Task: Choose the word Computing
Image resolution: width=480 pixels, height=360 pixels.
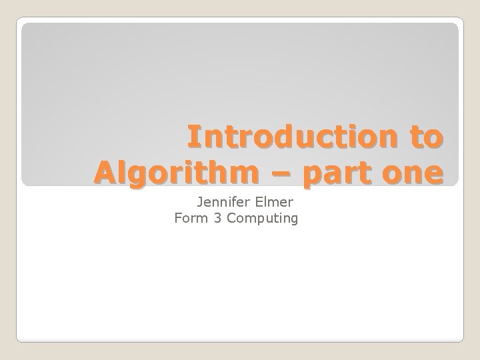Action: point(263,217)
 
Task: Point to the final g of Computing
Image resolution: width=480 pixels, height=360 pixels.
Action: point(293,219)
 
